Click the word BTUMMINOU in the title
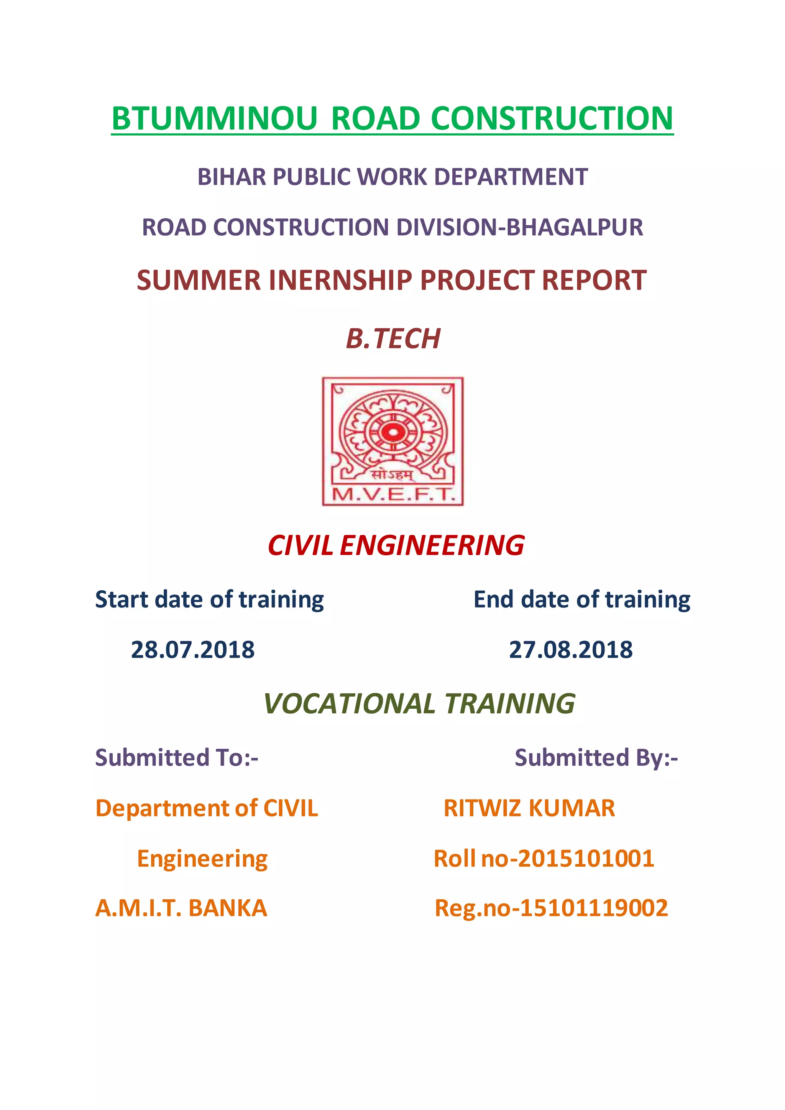tap(214, 118)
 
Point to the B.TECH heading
tap(393, 338)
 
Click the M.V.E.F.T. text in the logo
tap(393, 494)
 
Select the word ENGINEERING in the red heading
tap(432, 546)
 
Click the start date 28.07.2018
tap(192, 650)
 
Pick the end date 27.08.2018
tap(570, 650)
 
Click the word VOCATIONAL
tap(350, 704)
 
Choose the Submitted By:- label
tap(596, 757)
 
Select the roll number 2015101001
tap(586, 859)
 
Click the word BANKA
tap(227, 908)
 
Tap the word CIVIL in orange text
tap(291, 808)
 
